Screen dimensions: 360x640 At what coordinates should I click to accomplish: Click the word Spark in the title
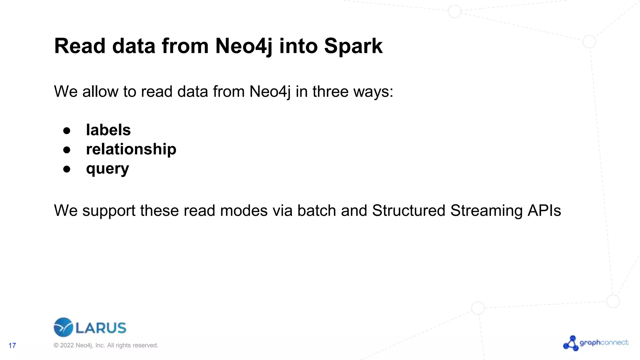coord(353,46)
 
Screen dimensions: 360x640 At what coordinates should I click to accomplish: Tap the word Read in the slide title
coord(80,46)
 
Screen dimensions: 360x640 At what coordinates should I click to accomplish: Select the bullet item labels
coord(108,130)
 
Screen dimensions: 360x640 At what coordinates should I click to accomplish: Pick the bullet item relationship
coord(131,149)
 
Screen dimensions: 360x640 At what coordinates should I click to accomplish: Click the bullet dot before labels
coord(67,131)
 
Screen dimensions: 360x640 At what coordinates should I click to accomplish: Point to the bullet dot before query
coord(67,169)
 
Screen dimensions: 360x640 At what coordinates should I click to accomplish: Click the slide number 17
coord(12,345)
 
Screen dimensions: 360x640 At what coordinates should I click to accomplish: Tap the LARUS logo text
coord(101,328)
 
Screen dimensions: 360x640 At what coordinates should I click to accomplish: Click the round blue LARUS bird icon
coord(63,327)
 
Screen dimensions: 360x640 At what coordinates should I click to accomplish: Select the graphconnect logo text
coord(604,342)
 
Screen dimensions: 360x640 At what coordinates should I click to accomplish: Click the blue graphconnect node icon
coord(571,343)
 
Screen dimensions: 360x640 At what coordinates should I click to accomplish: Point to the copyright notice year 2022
coord(67,345)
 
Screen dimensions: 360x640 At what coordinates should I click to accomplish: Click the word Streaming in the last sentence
coord(486,211)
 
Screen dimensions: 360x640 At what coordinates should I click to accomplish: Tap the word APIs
coord(544,211)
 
